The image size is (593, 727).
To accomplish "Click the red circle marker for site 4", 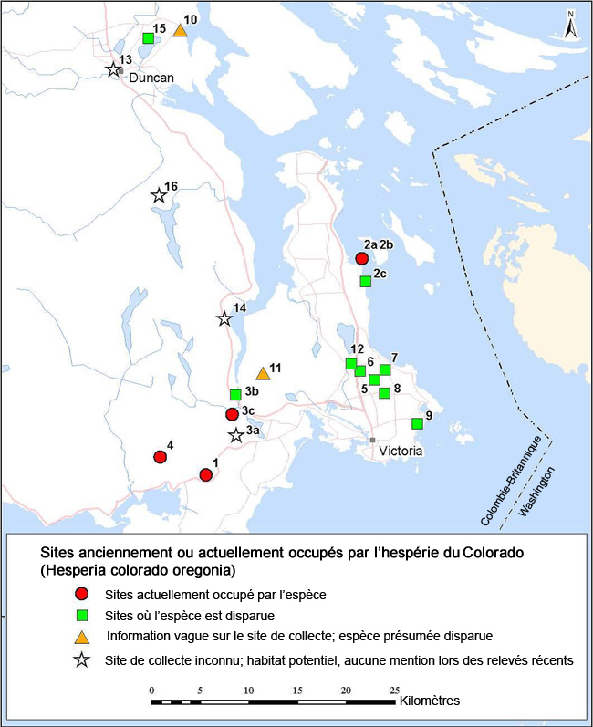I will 160,457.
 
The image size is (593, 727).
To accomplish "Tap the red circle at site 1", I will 206,474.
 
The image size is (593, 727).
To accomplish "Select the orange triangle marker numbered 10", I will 181,31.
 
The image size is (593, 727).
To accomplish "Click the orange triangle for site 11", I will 263,373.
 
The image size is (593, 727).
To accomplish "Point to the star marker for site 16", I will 159,195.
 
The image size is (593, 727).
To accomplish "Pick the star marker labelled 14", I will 224,318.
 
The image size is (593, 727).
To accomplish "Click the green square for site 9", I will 417,423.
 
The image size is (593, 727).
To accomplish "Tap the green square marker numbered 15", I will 148,38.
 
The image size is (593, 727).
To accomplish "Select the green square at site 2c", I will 366,282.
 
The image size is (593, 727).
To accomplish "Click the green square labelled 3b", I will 235,395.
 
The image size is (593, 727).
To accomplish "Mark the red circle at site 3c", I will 233,414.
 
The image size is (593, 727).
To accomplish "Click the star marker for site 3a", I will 236,435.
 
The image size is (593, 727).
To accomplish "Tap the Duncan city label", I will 151,78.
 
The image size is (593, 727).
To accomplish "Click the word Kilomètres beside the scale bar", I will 429,701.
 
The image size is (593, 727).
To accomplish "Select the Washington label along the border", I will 537,493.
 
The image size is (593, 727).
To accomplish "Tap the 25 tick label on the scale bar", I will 396,690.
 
